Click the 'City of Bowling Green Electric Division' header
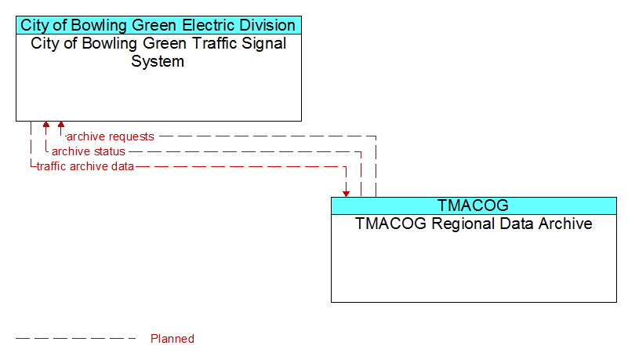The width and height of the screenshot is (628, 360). [x=158, y=25]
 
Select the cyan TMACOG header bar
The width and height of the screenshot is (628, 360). [x=474, y=205]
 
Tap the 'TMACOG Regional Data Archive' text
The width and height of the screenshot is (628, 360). [x=474, y=224]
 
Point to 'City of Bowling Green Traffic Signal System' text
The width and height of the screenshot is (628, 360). [x=158, y=52]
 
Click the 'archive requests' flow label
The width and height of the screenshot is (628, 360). [x=110, y=136]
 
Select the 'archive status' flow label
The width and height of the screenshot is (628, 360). [x=89, y=151]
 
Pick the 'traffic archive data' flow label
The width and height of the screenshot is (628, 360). [x=85, y=166]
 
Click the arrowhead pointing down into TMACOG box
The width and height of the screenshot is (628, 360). [x=346, y=195]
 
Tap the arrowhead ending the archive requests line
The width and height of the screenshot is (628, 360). [x=61, y=125]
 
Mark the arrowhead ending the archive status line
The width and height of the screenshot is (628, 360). [x=46, y=125]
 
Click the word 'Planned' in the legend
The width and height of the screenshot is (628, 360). [x=172, y=339]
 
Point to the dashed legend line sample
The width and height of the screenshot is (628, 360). [x=76, y=339]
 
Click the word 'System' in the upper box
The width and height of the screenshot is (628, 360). [x=158, y=61]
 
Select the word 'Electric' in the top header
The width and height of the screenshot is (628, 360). [x=208, y=25]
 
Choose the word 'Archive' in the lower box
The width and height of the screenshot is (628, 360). [x=565, y=224]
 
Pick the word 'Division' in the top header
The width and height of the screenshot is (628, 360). [x=267, y=25]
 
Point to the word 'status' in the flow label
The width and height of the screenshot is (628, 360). [x=108, y=151]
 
